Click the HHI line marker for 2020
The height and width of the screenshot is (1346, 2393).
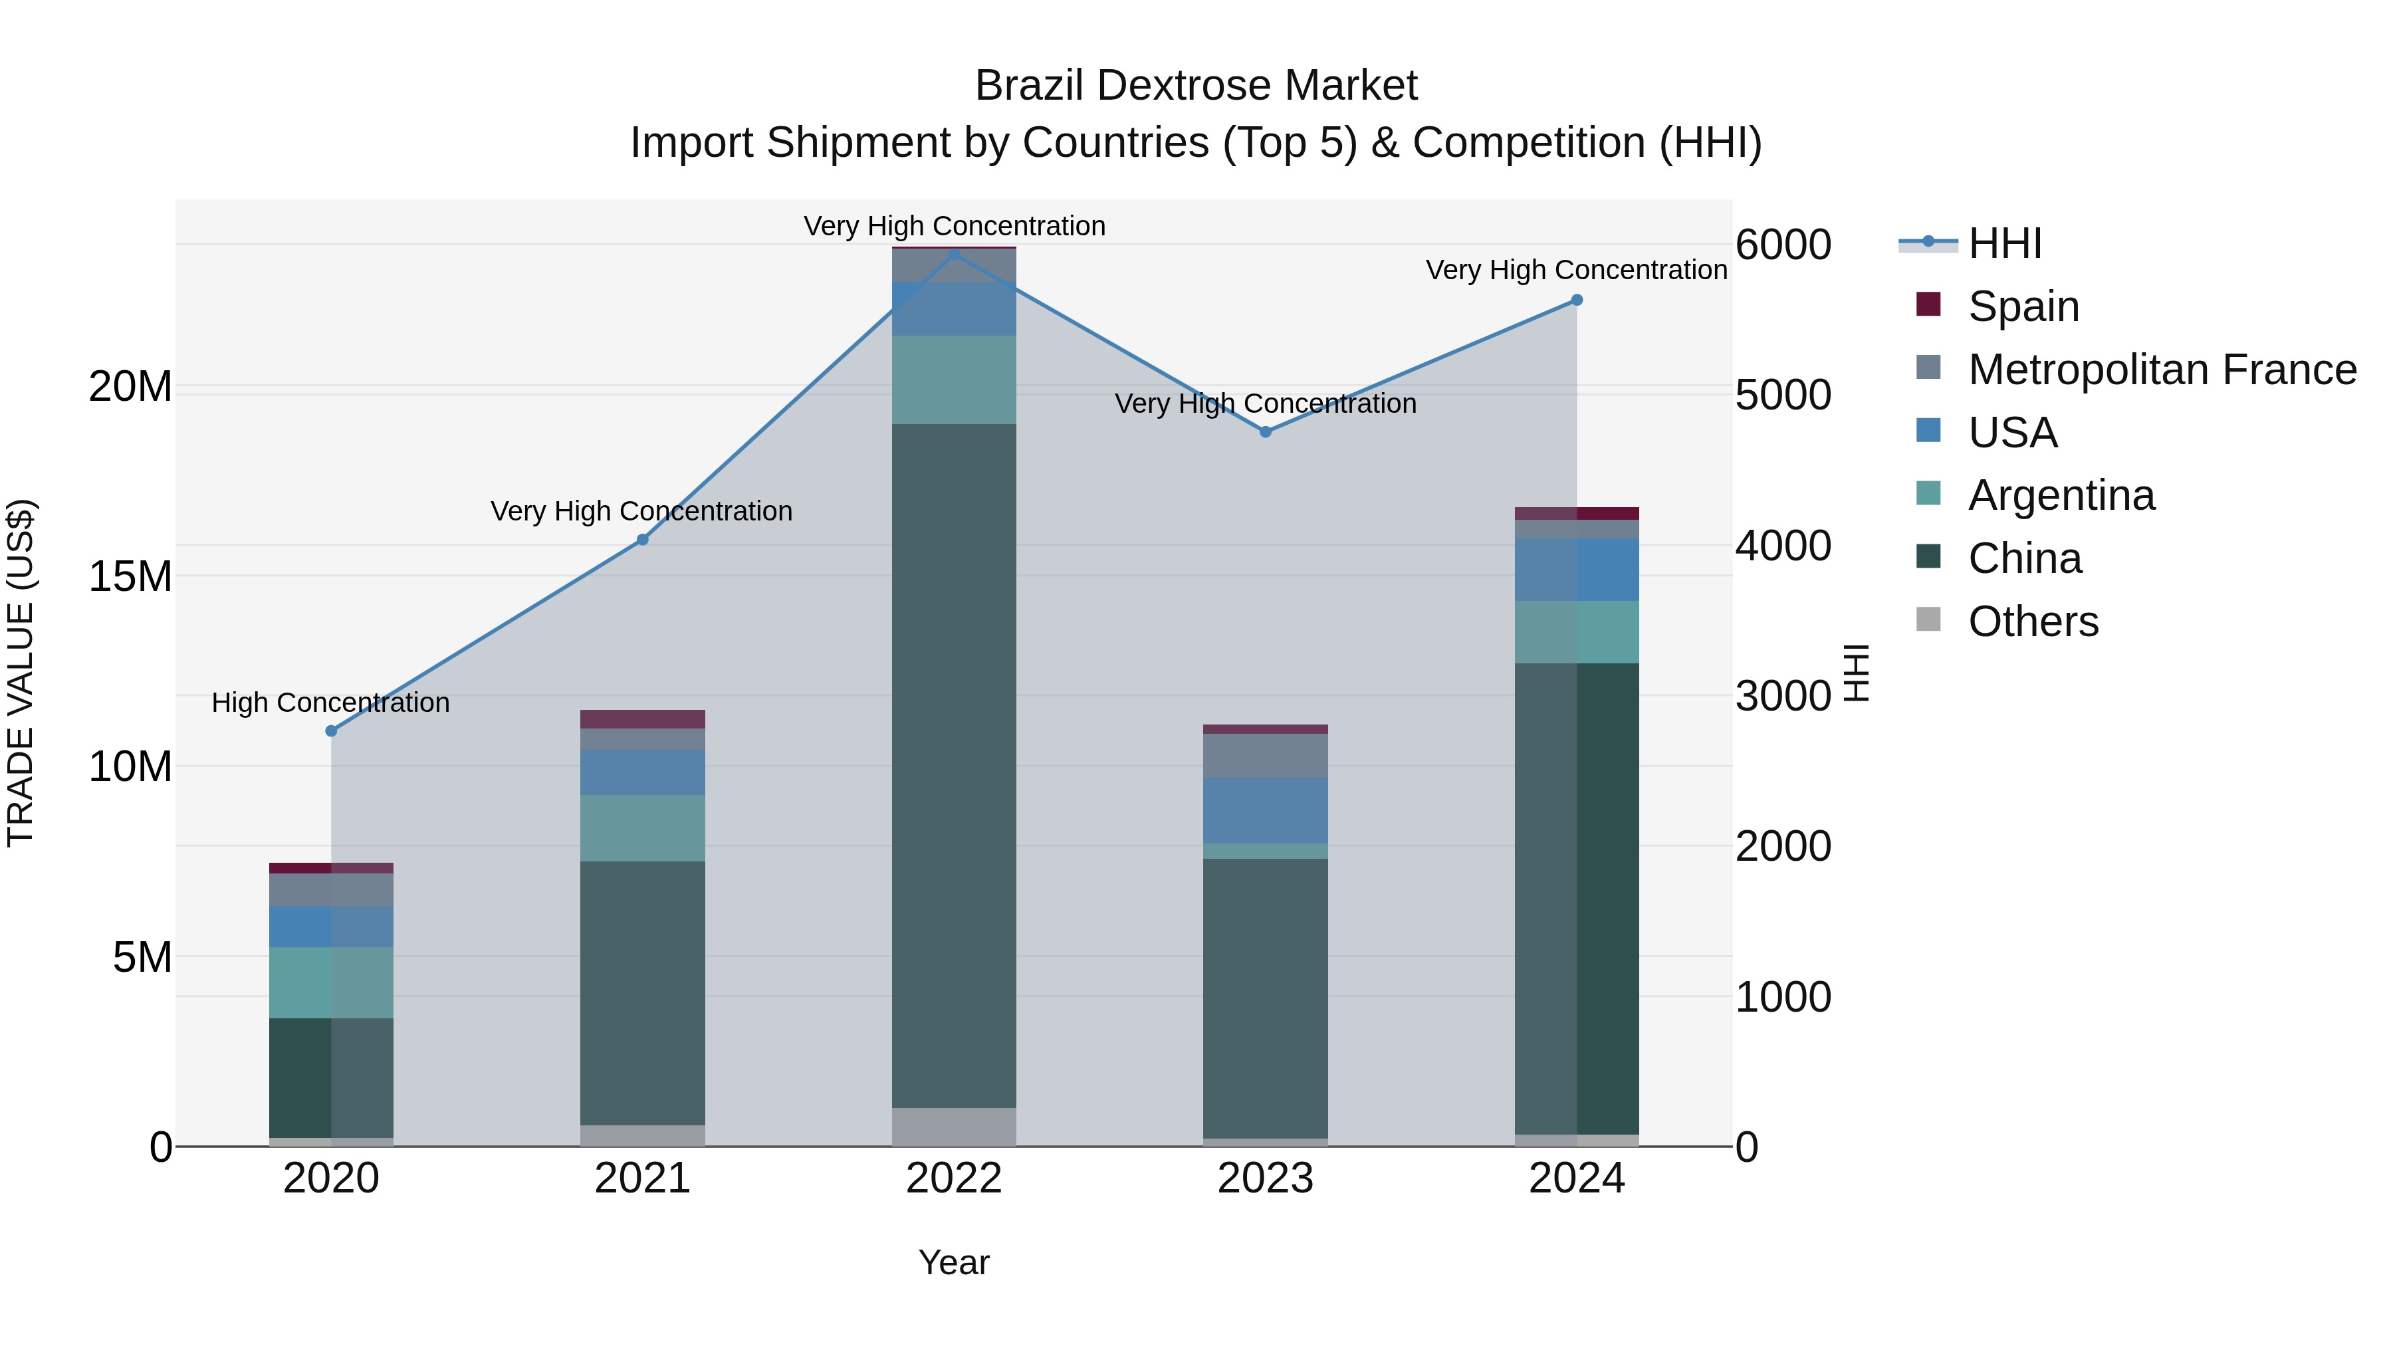click(x=331, y=731)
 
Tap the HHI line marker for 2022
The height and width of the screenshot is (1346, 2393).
click(x=954, y=252)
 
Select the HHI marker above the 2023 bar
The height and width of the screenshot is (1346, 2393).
click(x=1265, y=432)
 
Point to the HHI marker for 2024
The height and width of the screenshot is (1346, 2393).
click(x=1577, y=300)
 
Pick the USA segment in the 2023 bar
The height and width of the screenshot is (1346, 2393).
click(x=1265, y=810)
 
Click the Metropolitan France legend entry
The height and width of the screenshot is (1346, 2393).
click(x=2162, y=370)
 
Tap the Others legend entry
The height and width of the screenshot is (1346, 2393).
click(x=2033, y=621)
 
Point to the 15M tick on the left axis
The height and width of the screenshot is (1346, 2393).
click(x=130, y=577)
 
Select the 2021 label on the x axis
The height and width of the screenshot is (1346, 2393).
click(x=642, y=1178)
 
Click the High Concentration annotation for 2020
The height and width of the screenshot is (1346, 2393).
click(x=331, y=703)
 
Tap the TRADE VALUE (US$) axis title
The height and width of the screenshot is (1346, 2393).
click(x=21, y=673)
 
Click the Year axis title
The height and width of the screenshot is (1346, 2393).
click(x=954, y=1262)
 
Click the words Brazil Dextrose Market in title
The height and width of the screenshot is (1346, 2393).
click(x=1196, y=86)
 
